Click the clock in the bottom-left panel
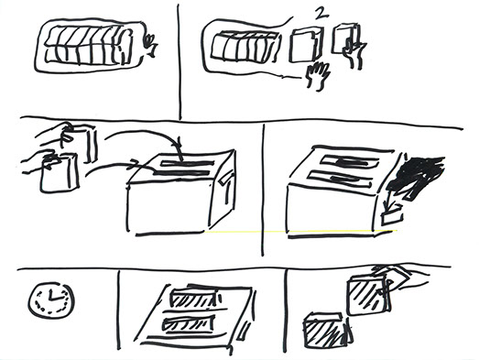coord(51,301)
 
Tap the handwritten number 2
coord(320,14)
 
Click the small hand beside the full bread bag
coord(151,45)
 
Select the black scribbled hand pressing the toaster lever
coord(417,177)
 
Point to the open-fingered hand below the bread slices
coord(319,75)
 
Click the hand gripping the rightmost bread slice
coord(354,52)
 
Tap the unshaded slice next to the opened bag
coord(306,45)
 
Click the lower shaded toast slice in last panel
coord(328,331)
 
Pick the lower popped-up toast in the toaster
coord(188,324)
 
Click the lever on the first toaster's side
coord(226,180)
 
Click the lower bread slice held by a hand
coord(60,173)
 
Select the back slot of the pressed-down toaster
coord(351,160)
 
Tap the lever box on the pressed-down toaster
coord(392,216)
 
